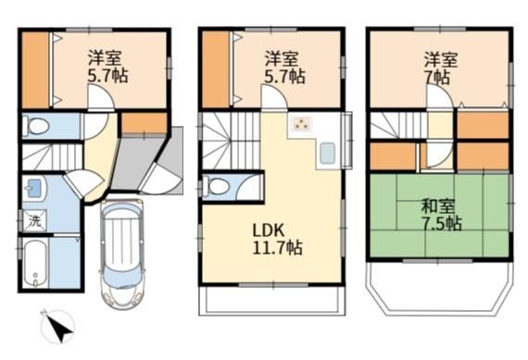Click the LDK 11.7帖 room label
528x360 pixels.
[277, 239]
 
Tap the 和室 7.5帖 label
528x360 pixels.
[442, 215]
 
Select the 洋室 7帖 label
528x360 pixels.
[440, 68]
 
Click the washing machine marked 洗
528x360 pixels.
[34, 220]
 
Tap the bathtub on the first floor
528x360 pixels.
[36, 263]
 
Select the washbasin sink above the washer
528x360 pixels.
[34, 188]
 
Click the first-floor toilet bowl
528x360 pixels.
[39, 126]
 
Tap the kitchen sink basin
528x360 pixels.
[327, 153]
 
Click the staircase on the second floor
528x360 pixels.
[231, 141]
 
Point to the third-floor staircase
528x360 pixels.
[398, 125]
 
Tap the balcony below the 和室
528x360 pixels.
[442, 289]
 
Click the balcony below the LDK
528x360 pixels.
[272, 301]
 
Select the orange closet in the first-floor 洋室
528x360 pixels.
[36, 69]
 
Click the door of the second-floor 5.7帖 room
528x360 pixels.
[274, 97]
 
